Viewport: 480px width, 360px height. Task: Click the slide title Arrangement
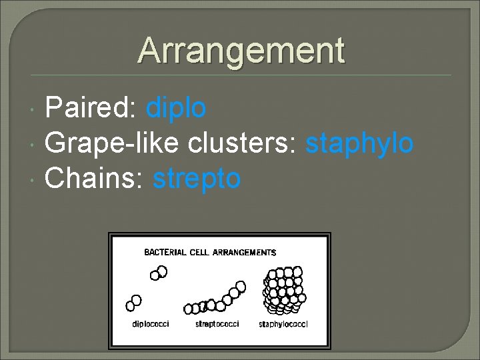pyautogui.click(x=241, y=51)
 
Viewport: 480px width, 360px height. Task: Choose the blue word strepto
pyautogui.click(x=197, y=179)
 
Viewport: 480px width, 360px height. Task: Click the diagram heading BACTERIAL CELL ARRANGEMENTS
pyautogui.click(x=210, y=253)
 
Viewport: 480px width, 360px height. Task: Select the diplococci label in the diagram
pyautogui.click(x=151, y=324)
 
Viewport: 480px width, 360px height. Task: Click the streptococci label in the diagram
pyautogui.click(x=217, y=324)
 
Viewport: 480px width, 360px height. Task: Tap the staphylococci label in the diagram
pyautogui.click(x=283, y=324)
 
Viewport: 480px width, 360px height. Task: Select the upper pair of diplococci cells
pyautogui.click(x=159, y=273)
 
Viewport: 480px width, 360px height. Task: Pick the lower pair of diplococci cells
pyautogui.click(x=134, y=303)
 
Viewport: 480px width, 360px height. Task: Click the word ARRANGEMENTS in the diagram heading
pyautogui.click(x=244, y=253)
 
